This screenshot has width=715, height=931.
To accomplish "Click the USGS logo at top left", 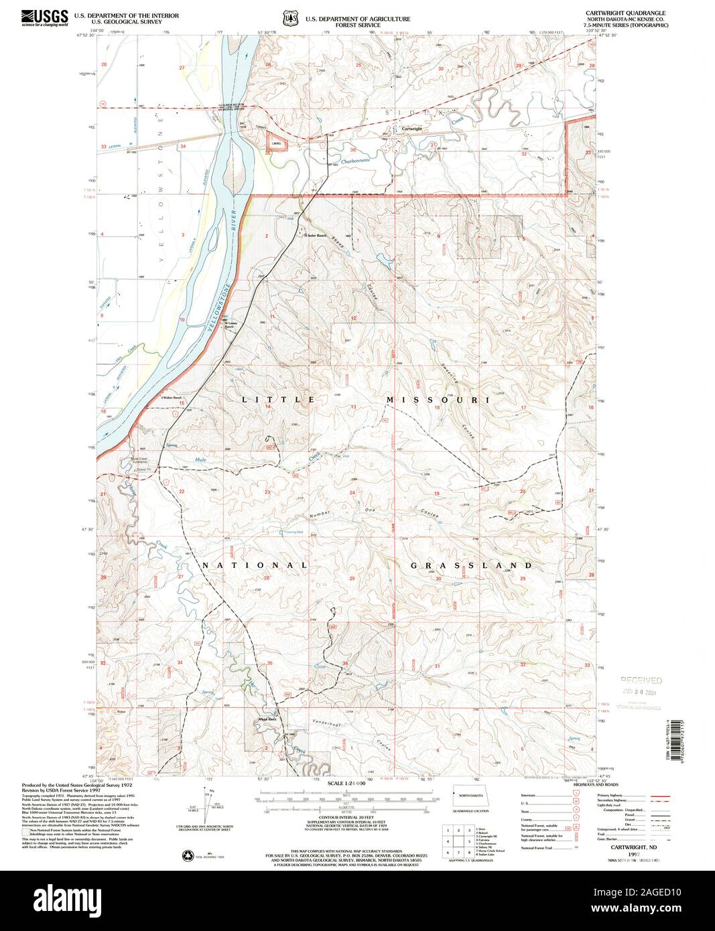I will coord(45,17).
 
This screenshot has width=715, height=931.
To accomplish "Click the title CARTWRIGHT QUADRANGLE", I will coord(634,13).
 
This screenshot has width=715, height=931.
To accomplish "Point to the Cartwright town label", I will coord(411,129).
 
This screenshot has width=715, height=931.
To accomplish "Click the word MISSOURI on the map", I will coord(436,399).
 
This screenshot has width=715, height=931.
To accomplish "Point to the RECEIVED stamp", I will coord(640,680).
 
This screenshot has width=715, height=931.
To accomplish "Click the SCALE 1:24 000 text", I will coord(346,782).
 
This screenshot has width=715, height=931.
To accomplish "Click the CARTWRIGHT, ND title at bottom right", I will coord(628,847).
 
